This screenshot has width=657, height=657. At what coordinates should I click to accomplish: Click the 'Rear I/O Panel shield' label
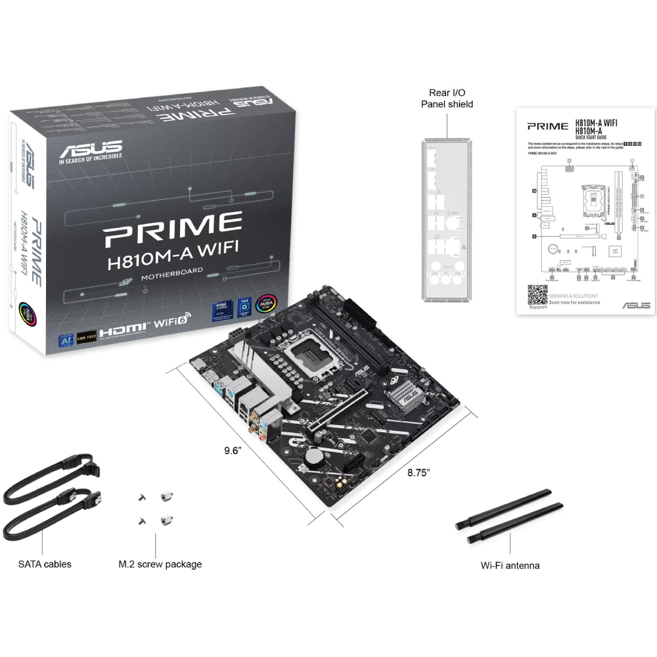pos(447,99)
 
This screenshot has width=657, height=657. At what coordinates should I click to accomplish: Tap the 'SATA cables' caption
pos(45,564)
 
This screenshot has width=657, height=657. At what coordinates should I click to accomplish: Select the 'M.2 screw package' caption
pos(160,564)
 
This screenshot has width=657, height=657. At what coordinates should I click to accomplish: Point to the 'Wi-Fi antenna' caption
pos(510,565)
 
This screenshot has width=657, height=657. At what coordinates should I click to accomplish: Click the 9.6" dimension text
pos(233,451)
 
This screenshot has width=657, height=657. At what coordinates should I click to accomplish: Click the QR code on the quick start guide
pos(538,294)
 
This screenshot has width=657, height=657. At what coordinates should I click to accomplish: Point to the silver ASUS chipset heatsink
pos(402,397)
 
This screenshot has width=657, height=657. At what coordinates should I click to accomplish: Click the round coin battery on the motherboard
pos(318,455)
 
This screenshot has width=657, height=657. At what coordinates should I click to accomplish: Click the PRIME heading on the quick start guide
pos(548,125)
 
